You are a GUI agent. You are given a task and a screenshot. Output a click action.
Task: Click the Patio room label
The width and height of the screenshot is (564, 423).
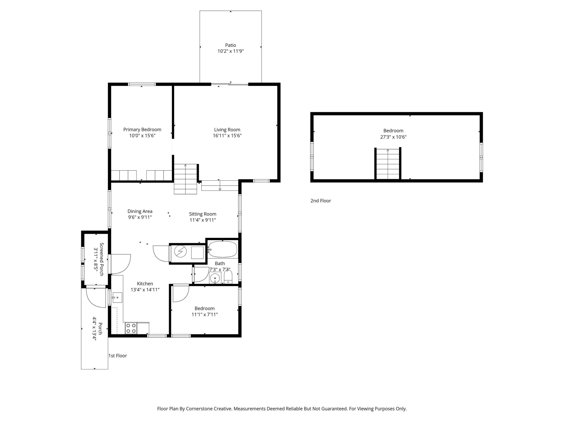click(230, 45)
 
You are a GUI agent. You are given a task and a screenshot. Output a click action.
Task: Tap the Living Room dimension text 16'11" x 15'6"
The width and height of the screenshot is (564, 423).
click(227, 136)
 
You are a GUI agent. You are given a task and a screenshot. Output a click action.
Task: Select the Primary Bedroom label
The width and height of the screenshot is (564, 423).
click(142, 130)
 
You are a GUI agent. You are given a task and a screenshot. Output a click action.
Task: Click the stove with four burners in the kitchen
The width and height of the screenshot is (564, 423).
click(131, 328)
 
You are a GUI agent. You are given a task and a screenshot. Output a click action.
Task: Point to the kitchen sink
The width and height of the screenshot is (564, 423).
click(117, 297)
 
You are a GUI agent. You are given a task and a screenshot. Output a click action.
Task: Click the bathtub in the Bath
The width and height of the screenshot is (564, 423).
click(223, 249)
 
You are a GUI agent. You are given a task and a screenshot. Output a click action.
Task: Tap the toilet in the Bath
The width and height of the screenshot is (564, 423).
click(228, 277)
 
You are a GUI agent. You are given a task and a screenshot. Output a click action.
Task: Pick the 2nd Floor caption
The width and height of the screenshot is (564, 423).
click(321, 201)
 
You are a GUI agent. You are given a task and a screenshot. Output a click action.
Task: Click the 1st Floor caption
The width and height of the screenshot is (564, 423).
click(118, 356)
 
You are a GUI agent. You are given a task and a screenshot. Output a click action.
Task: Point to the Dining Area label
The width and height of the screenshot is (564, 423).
click(140, 211)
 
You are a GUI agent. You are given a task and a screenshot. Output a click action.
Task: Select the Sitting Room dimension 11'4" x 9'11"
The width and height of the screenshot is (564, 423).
click(203, 220)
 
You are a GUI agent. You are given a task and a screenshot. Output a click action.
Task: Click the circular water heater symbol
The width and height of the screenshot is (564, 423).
click(180, 252)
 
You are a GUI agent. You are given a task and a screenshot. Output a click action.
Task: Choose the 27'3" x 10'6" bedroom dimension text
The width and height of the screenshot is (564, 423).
click(393, 137)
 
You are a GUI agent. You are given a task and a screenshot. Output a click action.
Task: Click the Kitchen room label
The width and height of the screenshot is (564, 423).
click(145, 284)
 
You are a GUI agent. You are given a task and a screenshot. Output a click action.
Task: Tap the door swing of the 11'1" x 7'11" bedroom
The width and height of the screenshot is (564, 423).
click(181, 293)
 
